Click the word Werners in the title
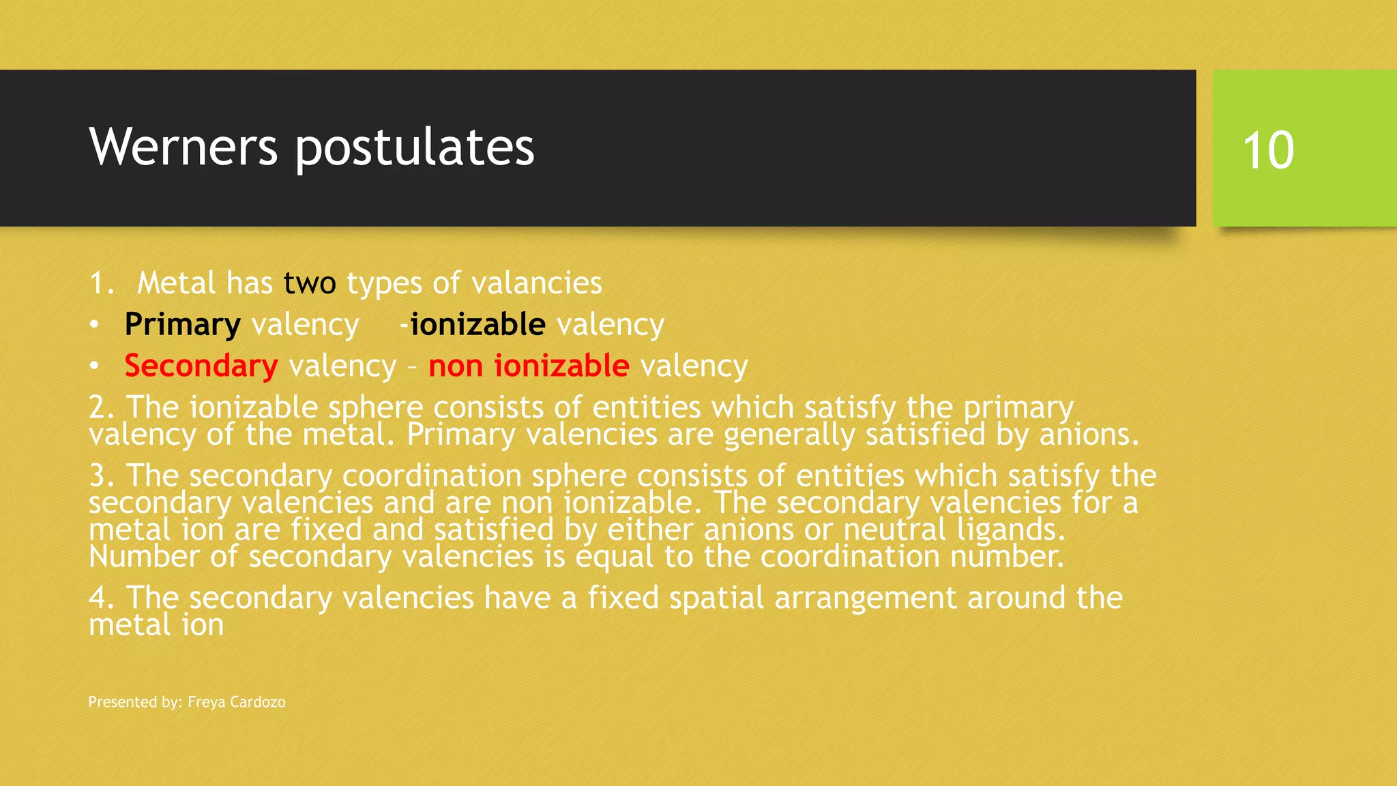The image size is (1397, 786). pos(183,147)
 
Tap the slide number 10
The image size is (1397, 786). pos(1268,150)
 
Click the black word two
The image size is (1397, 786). pos(310,283)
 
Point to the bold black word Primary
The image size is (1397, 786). pos(182,325)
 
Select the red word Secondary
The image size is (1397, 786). pos(201,366)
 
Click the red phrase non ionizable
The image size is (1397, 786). pos(529,366)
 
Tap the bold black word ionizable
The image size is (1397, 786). pos(477,325)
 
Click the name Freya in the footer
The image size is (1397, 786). pos(207,702)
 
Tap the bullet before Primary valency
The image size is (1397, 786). pos(94,325)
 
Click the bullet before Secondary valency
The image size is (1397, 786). pos(94,366)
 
